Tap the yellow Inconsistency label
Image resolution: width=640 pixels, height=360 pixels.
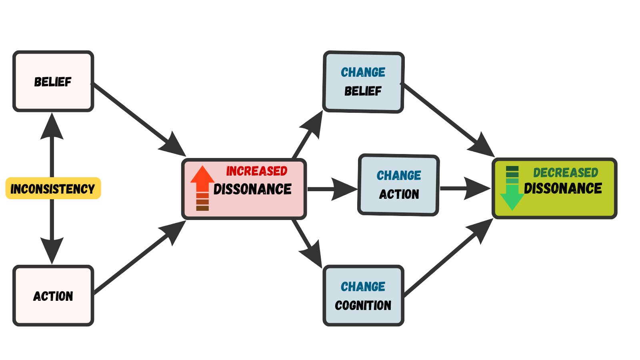pos(53,188)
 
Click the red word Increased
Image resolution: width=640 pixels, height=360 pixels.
pos(256,171)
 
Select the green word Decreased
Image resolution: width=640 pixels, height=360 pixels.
pos(565,173)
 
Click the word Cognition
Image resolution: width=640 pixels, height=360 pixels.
pos(363,306)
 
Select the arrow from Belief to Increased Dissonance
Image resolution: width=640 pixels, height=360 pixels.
pos(136,116)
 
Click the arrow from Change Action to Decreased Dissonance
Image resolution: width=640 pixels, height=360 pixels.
pos(464,188)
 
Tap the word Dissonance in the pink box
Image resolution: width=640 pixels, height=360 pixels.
pos(252,189)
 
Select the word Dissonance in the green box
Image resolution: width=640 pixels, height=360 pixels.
pos(563,188)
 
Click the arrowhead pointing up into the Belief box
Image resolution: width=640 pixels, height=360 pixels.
pos(52,126)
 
